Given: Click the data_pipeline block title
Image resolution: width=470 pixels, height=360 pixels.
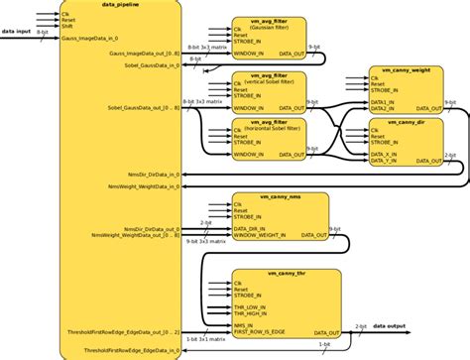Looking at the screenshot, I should point(120,6).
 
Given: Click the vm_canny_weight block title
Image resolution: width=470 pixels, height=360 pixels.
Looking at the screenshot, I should point(406,70).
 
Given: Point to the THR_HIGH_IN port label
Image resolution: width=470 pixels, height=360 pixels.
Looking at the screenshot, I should point(254,316).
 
